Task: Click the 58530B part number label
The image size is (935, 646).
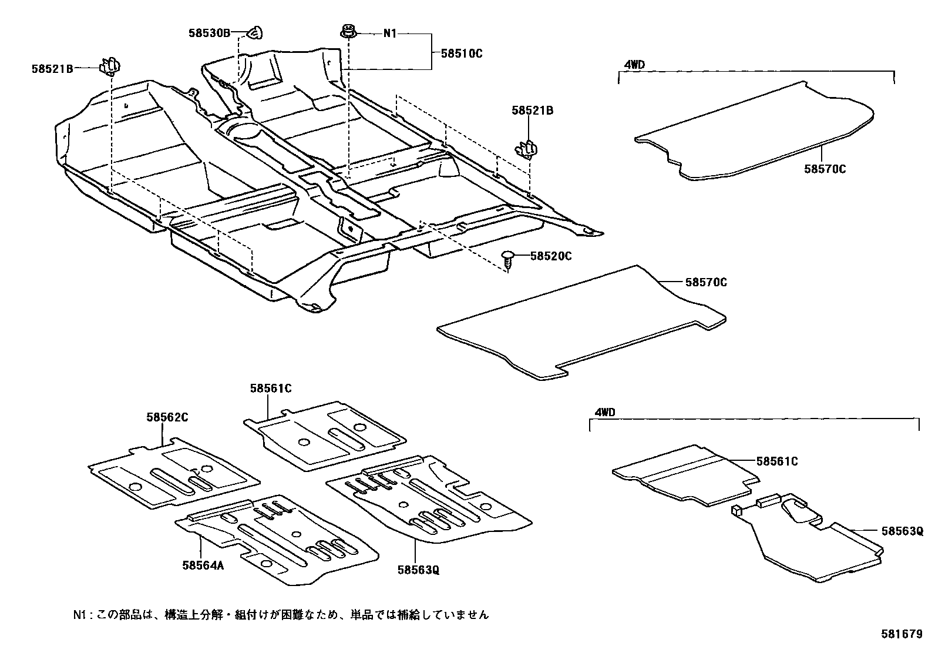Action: point(210,33)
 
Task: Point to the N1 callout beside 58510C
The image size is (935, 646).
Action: point(390,34)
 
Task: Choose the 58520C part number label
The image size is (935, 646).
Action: point(551,256)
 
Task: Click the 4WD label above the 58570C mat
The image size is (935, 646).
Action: point(634,65)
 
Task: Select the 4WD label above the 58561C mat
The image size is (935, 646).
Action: point(604,412)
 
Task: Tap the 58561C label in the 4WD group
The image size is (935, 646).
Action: point(777,461)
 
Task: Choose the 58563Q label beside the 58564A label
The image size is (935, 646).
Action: point(418,570)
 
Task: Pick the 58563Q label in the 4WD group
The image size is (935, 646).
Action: point(902,531)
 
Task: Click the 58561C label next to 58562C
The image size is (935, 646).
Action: point(270,388)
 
